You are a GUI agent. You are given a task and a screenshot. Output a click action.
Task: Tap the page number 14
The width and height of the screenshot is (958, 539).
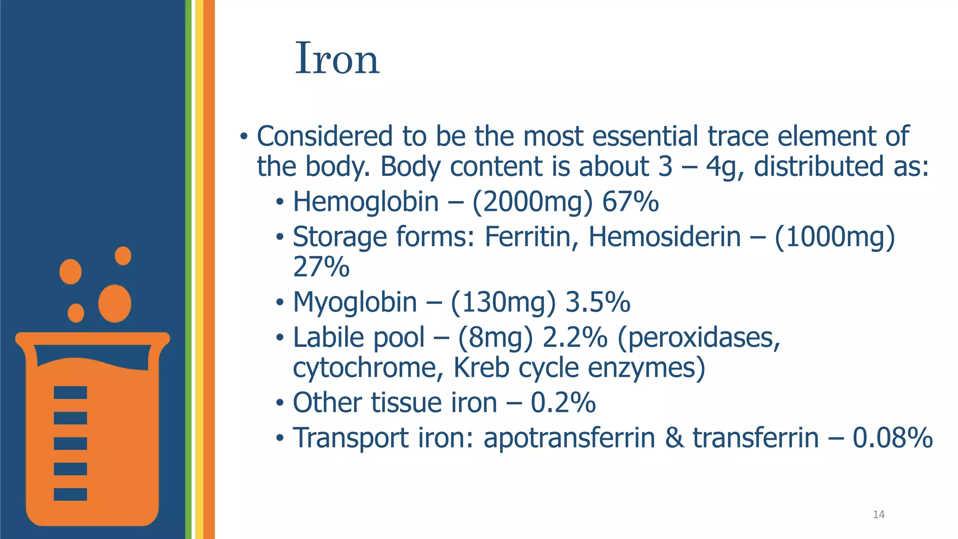tap(878, 515)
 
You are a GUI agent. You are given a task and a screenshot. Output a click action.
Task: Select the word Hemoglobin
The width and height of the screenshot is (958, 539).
tap(366, 202)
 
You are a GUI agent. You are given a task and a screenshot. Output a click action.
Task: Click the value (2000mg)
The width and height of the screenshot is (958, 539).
tap(532, 202)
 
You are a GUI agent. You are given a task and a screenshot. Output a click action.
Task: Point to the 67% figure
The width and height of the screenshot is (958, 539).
tap(630, 202)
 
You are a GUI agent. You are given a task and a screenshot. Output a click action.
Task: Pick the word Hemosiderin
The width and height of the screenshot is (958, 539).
tap(664, 236)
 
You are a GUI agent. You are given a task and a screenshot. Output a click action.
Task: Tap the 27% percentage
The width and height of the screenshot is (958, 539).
tap(321, 267)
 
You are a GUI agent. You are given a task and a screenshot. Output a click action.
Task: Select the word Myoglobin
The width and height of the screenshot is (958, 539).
tap(355, 302)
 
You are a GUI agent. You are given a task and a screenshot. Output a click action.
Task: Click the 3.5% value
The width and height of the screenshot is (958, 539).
tap(598, 302)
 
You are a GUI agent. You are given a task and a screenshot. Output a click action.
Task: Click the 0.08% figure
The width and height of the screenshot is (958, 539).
tap(893, 438)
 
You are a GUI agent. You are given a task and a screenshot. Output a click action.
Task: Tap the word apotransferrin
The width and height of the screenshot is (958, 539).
tap(569, 438)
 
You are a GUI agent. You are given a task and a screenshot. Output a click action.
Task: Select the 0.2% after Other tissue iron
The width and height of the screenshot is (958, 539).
tap(563, 402)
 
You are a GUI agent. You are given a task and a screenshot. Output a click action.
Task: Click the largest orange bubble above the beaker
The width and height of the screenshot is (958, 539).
tap(115, 303)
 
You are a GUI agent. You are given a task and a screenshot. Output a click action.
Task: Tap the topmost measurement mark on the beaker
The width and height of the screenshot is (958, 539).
tap(70, 393)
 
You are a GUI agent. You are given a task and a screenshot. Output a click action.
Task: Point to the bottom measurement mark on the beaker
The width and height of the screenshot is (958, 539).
tap(70, 494)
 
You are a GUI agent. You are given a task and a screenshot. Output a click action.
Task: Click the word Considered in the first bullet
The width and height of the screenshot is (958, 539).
tap(325, 136)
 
